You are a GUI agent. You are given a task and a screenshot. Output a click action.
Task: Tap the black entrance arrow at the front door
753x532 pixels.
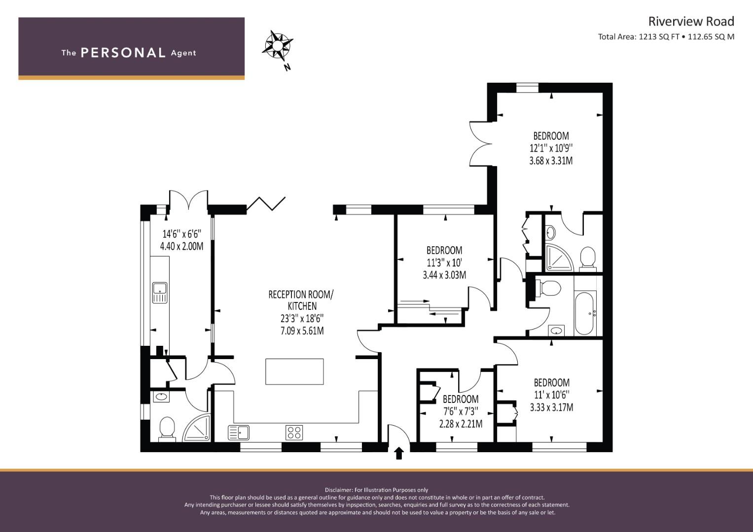point(398,453)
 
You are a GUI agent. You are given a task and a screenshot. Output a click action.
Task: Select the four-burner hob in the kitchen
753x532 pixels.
point(294,432)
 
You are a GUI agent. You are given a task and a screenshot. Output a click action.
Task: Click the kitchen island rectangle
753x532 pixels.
point(294,371)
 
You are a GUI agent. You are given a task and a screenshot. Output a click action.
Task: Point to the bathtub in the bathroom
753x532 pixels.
point(585,313)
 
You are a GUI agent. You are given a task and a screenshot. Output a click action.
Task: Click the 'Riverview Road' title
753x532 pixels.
point(691,22)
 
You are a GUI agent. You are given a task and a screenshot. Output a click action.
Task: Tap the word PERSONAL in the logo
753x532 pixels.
point(123,53)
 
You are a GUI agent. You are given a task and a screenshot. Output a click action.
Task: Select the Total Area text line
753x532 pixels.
point(666,37)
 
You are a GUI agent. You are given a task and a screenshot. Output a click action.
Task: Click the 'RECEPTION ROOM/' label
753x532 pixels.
point(301,295)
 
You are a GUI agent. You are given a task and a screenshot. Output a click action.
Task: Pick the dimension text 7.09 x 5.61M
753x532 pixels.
point(302,331)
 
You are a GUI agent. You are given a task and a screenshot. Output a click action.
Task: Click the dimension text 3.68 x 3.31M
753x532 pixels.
point(551,161)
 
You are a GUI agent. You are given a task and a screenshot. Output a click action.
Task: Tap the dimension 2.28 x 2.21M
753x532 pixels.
point(461,424)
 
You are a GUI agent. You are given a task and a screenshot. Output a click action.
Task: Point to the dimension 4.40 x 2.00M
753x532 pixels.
point(181,246)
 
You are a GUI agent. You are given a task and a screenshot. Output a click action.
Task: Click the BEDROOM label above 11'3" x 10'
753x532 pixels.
point(444,250)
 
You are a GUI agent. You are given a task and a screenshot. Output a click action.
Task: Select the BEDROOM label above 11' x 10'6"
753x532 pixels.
point(552,383)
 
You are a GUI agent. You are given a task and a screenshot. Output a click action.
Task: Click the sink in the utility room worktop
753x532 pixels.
point(160,293)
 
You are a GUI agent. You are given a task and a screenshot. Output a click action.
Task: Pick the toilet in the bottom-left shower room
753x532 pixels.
point(167,429)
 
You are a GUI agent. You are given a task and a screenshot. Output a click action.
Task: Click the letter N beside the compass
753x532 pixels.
point(287,67)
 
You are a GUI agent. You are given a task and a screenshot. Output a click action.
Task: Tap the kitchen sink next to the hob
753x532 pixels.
point(238,432)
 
